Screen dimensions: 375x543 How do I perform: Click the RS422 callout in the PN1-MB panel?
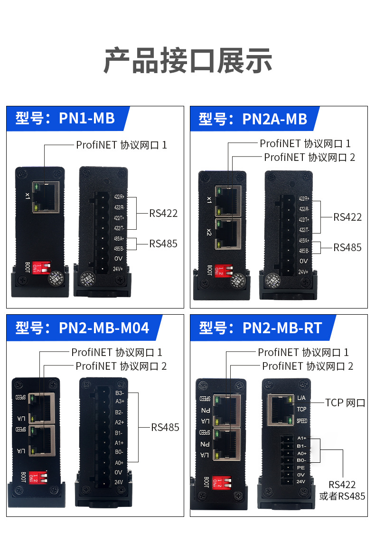pos(163,213)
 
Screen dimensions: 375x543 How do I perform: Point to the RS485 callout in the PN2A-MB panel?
pos(347,247)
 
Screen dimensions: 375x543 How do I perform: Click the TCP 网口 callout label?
pos(345,403)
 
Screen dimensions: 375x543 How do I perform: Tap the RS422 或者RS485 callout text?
pos(342,490)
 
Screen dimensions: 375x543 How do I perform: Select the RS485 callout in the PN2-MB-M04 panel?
pos(165,427)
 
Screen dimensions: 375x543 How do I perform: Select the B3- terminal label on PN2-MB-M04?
pos(119,393)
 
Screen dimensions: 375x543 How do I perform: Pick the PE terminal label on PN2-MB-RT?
pos(300,467)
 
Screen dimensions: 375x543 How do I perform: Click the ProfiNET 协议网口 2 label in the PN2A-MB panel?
pos(309,157)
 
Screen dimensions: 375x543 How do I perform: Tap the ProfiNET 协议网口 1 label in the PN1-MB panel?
pos(122,144)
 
